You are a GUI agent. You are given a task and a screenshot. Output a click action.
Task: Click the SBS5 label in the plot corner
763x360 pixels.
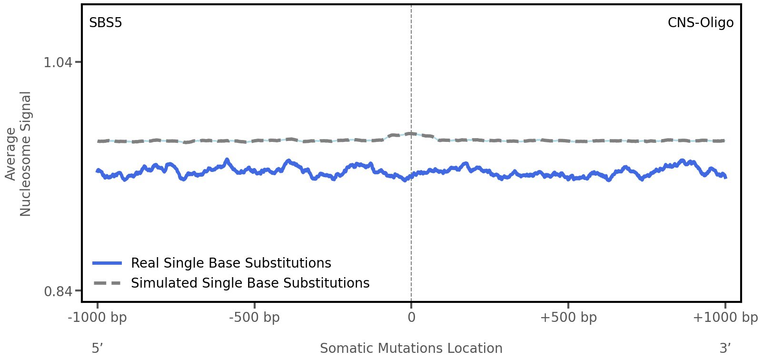(106, 23)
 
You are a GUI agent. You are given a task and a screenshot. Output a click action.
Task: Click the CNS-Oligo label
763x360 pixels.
(700, 23)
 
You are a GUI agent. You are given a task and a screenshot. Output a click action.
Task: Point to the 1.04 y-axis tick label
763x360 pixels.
(58, 62)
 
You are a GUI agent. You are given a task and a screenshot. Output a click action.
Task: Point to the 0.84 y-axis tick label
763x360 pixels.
(58, 291)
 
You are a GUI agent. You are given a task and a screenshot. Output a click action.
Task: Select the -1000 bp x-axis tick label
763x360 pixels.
(98, 318)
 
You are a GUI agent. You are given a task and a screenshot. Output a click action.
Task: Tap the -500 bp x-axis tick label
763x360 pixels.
(254, 318)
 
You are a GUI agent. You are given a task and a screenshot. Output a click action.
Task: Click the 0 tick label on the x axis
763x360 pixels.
(411, 318)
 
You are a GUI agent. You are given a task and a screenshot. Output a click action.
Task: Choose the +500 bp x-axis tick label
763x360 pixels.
(568, 318)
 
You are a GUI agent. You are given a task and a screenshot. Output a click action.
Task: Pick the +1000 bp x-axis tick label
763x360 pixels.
(724, 318)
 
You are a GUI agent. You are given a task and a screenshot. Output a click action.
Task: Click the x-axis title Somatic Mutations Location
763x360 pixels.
(411, 349)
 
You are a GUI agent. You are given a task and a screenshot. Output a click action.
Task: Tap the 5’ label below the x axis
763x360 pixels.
(97, 349)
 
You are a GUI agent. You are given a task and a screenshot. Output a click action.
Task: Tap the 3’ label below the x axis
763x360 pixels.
(725, 349)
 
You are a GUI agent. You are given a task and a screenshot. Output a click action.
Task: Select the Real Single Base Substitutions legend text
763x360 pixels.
(231, 263)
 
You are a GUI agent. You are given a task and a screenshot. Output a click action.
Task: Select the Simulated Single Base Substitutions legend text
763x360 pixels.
(250, 283)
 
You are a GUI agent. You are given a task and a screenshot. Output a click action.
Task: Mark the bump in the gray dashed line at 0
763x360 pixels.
(408, 134)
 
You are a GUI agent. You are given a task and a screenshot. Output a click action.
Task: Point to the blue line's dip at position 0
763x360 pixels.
(405, 180)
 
